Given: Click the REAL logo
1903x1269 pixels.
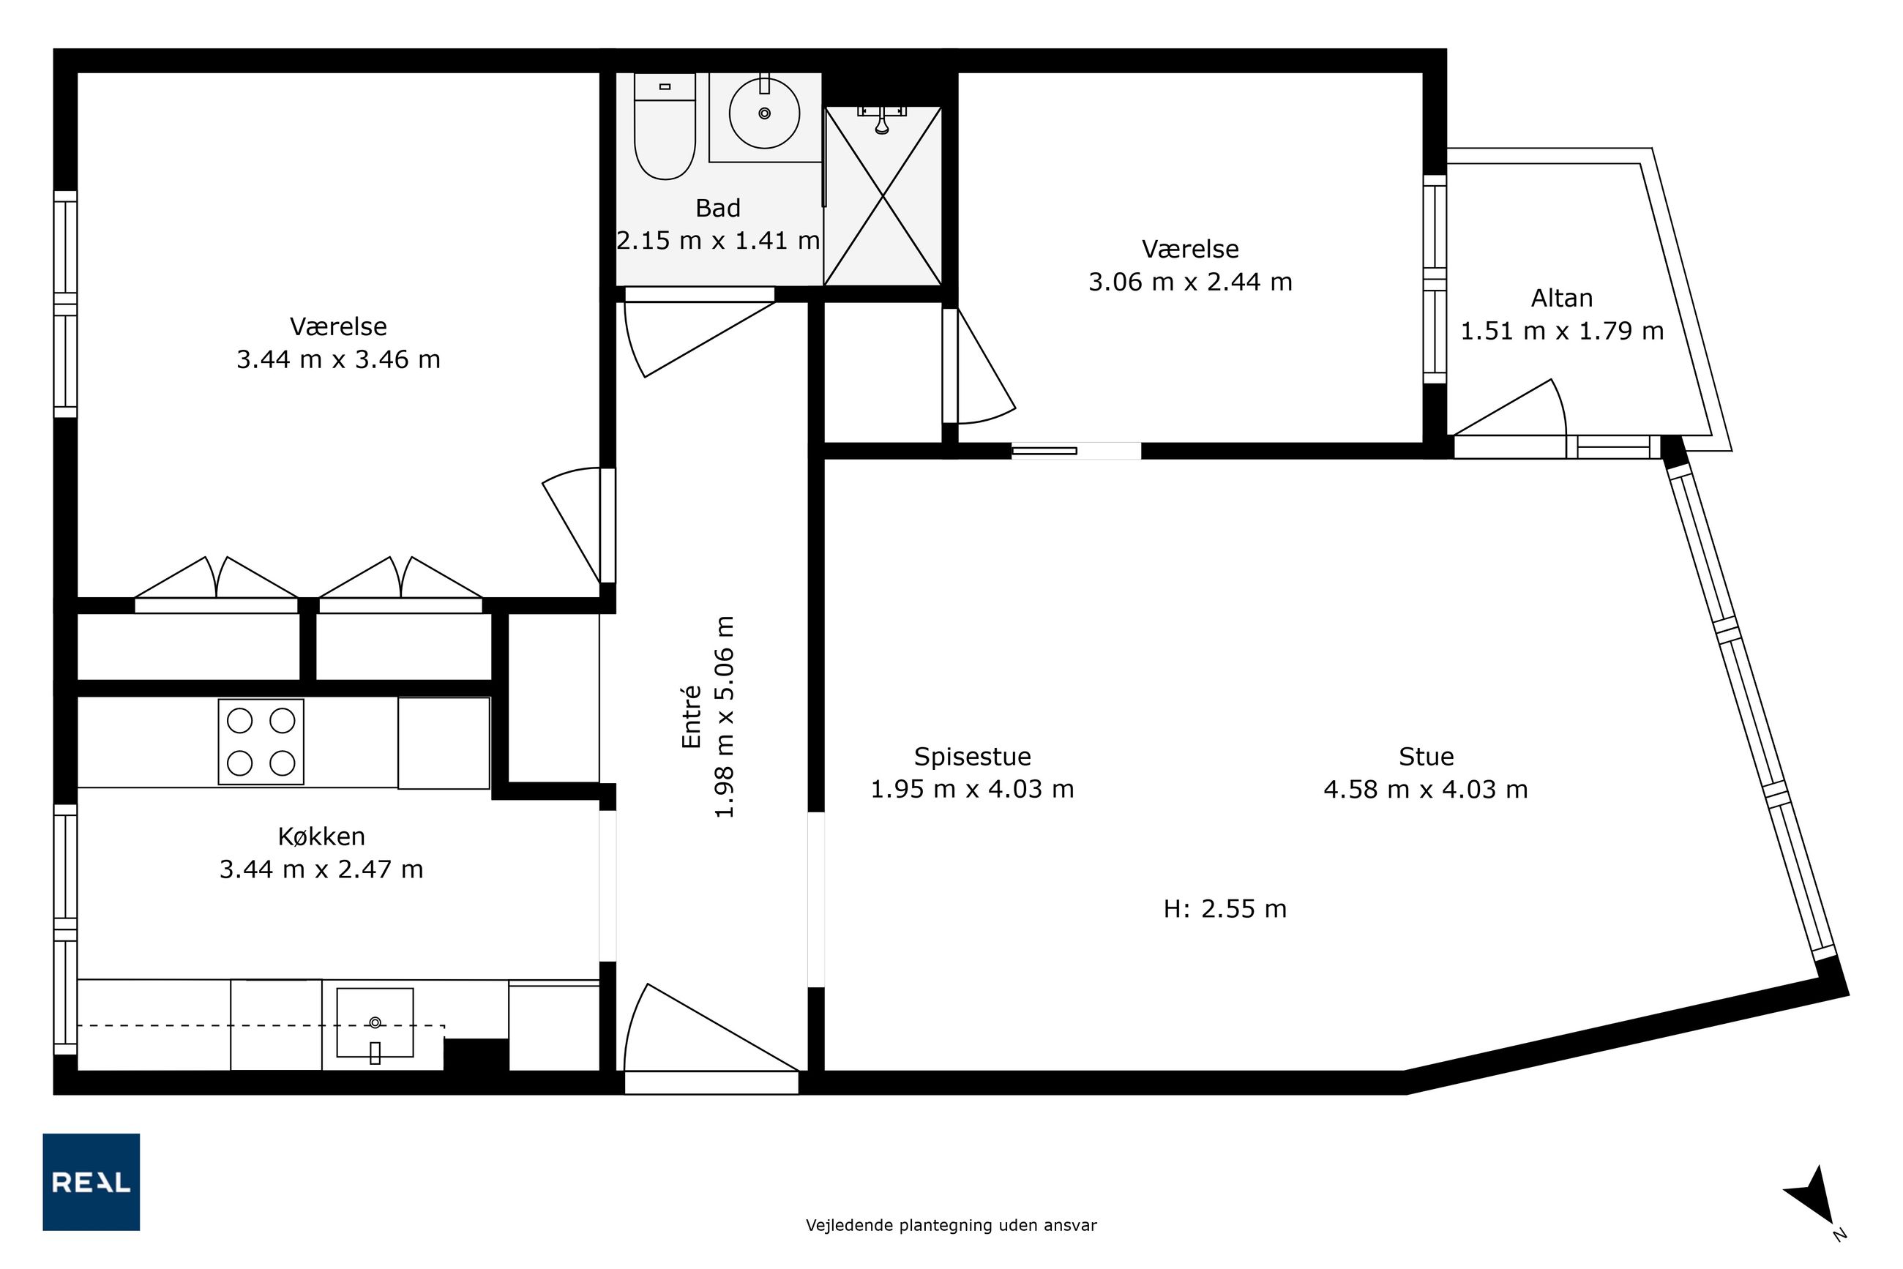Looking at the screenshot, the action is (x=91, y=1182).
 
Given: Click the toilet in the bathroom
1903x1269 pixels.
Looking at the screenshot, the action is (x=665, y=127).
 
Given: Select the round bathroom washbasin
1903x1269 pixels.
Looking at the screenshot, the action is (x=764, y=113).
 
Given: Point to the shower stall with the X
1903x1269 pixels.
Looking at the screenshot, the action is (x=882, y=196).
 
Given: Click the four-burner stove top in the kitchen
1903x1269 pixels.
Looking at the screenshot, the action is (x=261, y=741).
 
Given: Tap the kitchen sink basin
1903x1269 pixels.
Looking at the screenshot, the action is (x=375, y=1022).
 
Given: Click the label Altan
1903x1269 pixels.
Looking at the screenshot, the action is (x=1561, y=298).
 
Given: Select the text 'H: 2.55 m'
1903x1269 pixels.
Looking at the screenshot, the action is (x=1225, y=909).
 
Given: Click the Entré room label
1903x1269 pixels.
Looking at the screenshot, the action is (x=690, y=716).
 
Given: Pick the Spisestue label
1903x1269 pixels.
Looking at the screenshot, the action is (x=972, y=756).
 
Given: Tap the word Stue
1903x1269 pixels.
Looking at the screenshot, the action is (x=1427, y=756).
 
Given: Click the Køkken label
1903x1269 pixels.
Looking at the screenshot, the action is (x=321, y=836).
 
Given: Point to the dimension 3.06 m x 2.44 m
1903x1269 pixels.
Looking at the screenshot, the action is (x=1190, y=282).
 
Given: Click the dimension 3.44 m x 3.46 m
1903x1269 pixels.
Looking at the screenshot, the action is (x=338, y=359).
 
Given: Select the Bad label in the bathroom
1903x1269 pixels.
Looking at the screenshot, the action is (x=718, y=208).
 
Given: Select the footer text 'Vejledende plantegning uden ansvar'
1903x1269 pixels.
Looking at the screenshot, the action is (x=951, y=1225).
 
